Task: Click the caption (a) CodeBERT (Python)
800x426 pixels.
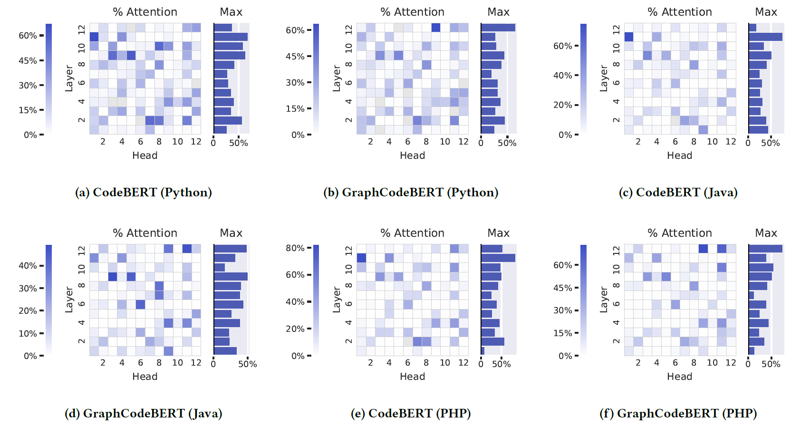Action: (143, 192)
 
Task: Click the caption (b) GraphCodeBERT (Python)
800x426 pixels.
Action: (411, 192)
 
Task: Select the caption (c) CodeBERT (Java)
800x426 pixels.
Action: (678, 192)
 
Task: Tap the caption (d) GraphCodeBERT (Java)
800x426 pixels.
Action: (143, 413)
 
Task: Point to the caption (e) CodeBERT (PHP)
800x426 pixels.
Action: (411, 413)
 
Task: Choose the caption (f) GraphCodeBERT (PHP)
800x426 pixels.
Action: (678, 413)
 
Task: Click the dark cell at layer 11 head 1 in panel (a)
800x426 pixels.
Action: (94, 37)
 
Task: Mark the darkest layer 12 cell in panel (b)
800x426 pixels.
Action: (435, 28)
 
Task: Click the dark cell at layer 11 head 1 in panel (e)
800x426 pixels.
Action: (361, 258)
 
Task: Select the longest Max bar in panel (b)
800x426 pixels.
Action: (498, 28)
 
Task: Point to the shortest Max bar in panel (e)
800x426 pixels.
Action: (482, 351)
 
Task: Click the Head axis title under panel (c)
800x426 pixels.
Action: (679, 155)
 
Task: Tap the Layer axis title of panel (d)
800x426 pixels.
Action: (69, 300)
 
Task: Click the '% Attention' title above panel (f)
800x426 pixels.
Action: (679, 233)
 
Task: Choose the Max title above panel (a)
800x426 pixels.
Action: (231, 12)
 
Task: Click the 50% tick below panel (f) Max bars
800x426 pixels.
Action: (771, 364)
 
